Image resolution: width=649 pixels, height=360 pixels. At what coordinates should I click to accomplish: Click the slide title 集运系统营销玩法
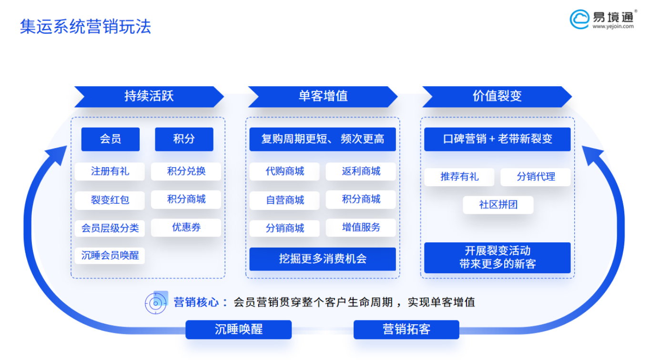coord(85,27)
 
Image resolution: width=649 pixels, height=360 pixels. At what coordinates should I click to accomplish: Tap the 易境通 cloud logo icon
coord(579,19)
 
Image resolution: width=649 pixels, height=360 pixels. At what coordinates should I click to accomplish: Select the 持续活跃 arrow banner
coord(149,97)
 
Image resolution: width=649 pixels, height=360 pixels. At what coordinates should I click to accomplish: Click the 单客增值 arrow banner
coord(323,97)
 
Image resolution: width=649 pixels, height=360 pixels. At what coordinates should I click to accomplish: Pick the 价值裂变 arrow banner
coord(497,97)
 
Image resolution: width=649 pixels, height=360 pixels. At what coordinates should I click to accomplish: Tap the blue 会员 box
coord(111,139)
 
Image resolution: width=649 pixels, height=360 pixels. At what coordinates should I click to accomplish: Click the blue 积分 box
coord(184,139)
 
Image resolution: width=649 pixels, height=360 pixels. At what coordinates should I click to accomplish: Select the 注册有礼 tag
coord(110,171)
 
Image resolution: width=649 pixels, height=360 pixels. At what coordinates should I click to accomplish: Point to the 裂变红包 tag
coord(110,200)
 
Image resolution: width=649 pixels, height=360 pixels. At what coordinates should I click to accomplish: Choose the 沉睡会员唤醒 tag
coord(110,255)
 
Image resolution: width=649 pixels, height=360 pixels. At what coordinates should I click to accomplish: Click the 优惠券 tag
coord(186,227)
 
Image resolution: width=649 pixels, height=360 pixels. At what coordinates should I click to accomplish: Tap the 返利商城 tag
coord(361,171)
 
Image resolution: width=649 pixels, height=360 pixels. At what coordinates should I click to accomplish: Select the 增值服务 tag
coord(361,227)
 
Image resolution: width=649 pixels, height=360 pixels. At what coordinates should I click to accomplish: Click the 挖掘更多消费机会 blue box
coord(323,259)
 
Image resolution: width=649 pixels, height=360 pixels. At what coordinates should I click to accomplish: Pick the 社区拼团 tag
coord(498,205)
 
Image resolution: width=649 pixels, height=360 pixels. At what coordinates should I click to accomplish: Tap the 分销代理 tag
coord(536,177)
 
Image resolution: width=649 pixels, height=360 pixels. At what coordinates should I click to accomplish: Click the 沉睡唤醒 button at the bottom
coord(238,330)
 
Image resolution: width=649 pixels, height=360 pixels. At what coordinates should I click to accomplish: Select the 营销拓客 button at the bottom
coord(406,330)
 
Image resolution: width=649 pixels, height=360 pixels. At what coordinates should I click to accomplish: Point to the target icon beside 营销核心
coord(156,303)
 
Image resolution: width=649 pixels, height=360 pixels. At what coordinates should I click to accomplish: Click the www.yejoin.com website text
coord(613,26)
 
